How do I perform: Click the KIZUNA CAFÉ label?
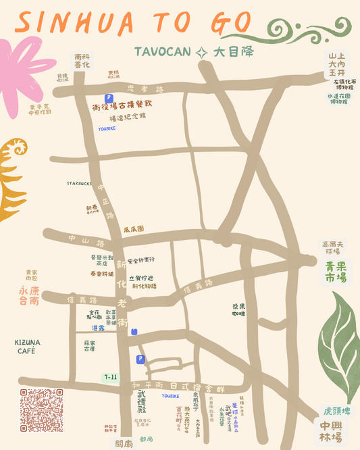pos(27,347)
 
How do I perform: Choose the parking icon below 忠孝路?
pos(107,98)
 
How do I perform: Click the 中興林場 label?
pos(330,431)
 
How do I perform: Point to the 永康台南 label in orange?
pos(28,295)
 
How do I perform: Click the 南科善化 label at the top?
pos(82,61)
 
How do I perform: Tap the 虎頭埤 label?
pos(336,411)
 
